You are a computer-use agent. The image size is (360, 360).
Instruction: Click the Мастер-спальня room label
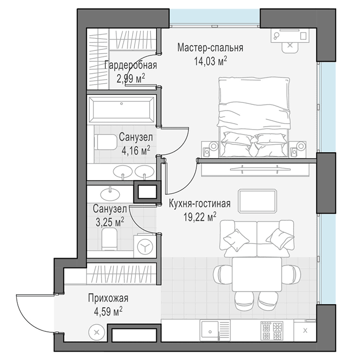[210, 48]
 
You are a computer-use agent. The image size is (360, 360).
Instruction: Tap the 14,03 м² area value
[211, 61]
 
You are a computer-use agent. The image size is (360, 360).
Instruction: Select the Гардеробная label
[131, 65]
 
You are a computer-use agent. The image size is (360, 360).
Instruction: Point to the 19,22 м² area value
[200, 217]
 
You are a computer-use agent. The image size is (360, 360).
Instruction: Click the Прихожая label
[108, 298]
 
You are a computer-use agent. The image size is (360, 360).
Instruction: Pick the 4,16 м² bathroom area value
[136, 150]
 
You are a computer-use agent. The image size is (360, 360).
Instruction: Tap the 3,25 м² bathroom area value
[110, 222]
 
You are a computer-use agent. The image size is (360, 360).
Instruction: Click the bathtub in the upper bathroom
[122, 110]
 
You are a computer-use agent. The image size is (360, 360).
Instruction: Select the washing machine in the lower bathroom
[145, 246]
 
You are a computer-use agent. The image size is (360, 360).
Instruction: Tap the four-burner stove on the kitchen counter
[272, 330]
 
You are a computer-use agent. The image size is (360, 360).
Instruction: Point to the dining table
[257, 274]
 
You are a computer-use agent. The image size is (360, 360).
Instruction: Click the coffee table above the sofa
[257, 201]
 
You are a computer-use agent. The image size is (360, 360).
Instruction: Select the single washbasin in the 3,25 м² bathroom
[110, 194]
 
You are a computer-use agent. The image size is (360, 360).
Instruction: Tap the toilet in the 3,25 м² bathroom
[109, 239]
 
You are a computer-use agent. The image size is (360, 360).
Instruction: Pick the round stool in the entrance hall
[96, 332]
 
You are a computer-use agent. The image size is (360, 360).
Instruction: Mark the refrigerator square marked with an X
[305, 331]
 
